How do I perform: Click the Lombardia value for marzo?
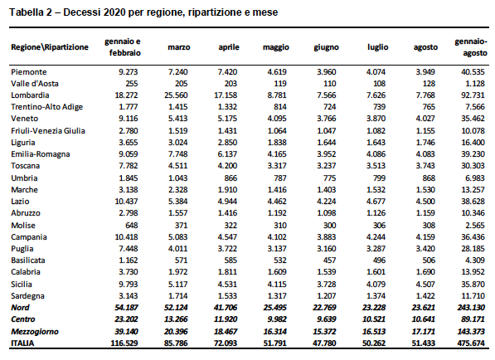click(176, 95)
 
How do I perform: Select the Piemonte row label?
click(29, 72)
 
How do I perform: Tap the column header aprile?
click(229, 47)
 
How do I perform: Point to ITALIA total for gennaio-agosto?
click(471, 343)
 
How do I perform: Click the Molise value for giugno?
click(329, 226)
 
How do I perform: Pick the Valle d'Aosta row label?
click(35, 84)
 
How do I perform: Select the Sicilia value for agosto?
click(425, 285)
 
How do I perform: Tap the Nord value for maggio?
click(274, 308)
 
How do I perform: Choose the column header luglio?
click(377, 47)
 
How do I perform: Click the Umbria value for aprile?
click(231, 178)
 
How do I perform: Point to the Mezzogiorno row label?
click(35, 332)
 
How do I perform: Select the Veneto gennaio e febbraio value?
click(129, 119)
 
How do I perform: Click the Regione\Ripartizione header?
click(50, 47)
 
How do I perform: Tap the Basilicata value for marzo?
click(181, 260)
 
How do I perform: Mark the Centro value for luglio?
click(374, 319)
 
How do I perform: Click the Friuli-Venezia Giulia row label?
click(48, 131)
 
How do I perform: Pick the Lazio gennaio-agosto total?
click(473, 202)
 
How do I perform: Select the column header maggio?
click(276, 47)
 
